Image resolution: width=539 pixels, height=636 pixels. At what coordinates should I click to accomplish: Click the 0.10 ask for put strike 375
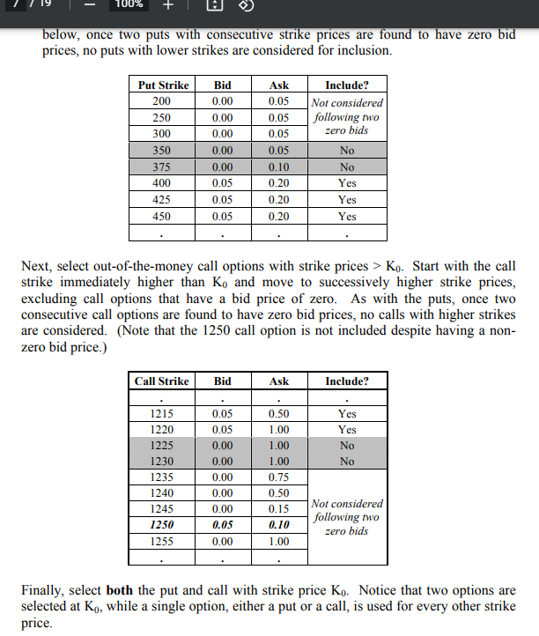pyautogui.click(x=279, y=166)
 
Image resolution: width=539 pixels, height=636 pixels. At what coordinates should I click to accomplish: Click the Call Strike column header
pyautogui.click(x=161, y=381)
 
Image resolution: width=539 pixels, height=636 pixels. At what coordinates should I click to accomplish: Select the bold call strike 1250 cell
pyautogui.click(x=161, y=524)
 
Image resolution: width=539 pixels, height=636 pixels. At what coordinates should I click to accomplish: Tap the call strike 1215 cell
pyautogui.click(x=161, y=412)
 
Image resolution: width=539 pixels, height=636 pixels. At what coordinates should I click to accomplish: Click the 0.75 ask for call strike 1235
pyautogui.click(x=279, y=477)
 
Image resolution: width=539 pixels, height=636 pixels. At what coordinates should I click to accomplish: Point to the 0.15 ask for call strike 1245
pyautogui.click(x=279, y=508)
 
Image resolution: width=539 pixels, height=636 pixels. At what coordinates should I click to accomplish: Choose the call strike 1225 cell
pyautogui.click(x=161, y=445)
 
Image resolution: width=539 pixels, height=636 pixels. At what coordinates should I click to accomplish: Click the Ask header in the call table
pyautogui.click(x=279, y=381)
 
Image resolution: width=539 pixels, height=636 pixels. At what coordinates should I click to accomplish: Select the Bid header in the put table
pyautogui.click(x=223, y=85)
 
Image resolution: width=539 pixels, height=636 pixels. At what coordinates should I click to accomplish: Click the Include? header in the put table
pyautogui.click(x=347, y=85)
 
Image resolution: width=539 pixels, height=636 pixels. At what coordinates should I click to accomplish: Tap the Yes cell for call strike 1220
pyautogui.click(x=347, y=429)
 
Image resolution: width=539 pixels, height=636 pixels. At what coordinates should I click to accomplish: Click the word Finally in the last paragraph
pyautogui.click(x=61, y=590)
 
